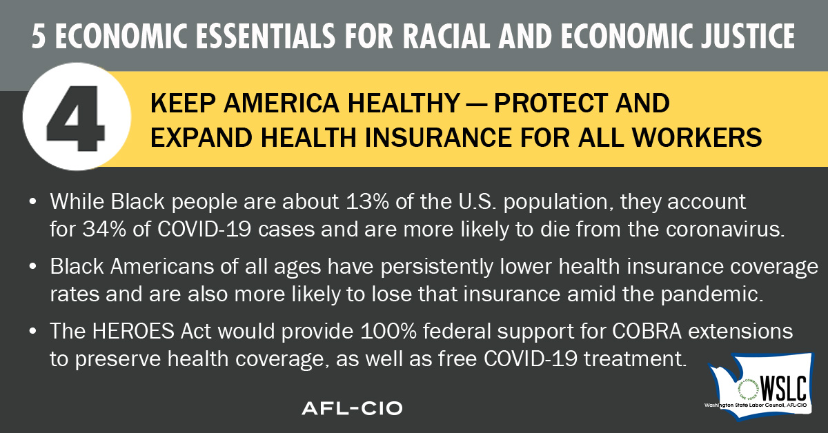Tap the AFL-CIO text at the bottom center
[x=352, y=408]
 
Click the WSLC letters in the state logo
[x=783, y=388]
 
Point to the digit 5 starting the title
[x=39, y=36]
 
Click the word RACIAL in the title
[x=446, y=36]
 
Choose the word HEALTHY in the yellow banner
[x=404, y=103]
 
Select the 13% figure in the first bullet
[x=367, y=202]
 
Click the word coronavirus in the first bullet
[x=725, y=229]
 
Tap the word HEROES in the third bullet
[x=133, y=331]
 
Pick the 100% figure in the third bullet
[x=388, y=331]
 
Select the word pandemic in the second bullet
[x=711, y=294]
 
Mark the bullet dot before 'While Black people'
[x=32, y=202]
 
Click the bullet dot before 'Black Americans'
[x=32, y=266]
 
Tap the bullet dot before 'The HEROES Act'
[x=32, y=331]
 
